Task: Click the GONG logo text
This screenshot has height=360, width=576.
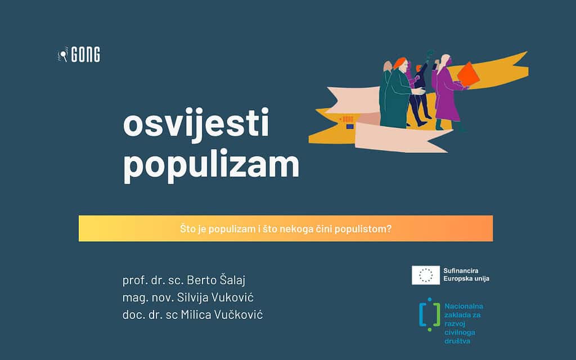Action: click(85, 55)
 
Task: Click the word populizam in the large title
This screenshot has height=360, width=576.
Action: click(211, 165)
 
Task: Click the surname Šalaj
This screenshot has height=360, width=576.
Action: click(232, 280)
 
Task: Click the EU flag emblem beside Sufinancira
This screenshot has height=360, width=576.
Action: click(426, 275)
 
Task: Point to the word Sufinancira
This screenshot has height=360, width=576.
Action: click(461, 271)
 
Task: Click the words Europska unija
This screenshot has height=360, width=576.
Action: click(466, 279)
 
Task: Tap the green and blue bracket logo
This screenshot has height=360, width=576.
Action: click(430, 315)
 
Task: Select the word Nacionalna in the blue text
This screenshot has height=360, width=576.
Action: click(463, 306)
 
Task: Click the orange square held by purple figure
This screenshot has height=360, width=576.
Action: click(468, 74)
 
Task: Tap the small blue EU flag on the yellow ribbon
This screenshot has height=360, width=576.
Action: click(350, 127)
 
